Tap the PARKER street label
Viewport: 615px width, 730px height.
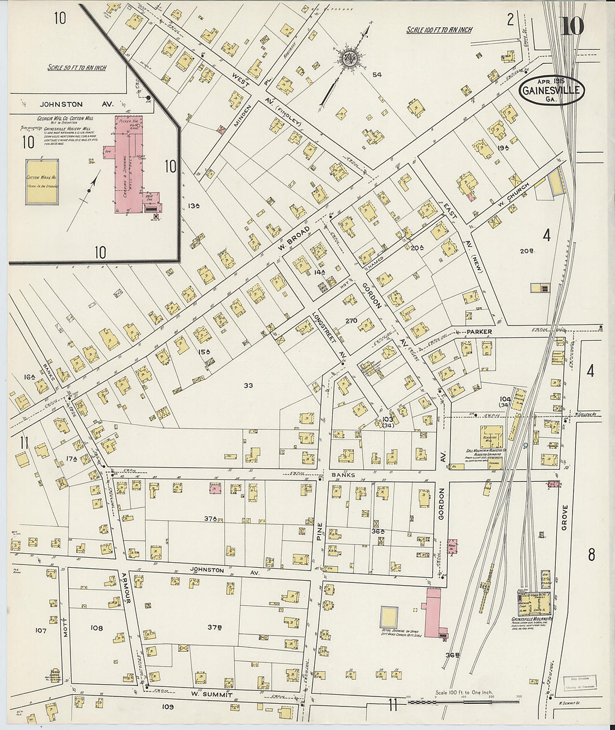(479, 332)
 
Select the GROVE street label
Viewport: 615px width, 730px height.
(564, 517)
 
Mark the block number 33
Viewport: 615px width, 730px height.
(248, 385)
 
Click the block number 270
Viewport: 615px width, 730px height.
(351, 321)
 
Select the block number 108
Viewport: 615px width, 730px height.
(96, 628)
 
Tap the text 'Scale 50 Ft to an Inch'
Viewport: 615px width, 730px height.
(77, 68)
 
